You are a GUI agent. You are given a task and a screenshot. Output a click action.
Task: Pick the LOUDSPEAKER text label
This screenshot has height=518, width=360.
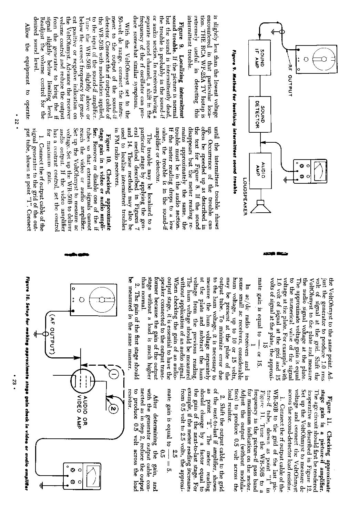(x=245, y=196)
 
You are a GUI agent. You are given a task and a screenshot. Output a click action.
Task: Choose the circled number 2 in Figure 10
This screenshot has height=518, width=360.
(x=114, y=409)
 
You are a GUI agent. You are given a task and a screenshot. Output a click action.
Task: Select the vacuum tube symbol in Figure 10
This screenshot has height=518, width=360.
(x=80, y=379)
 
